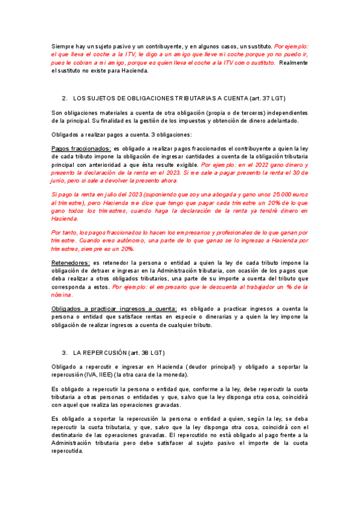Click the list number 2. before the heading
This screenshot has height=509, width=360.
click(x=64, y=98)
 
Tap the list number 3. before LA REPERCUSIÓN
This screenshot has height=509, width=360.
click(x=64, y=352)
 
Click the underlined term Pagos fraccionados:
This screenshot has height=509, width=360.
click(x=81, y=148)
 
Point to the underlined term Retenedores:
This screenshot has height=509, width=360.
click(x=71, y=262)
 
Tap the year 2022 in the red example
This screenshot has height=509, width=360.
click(x=255, y=164)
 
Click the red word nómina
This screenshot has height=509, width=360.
click(x=62, y=295)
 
